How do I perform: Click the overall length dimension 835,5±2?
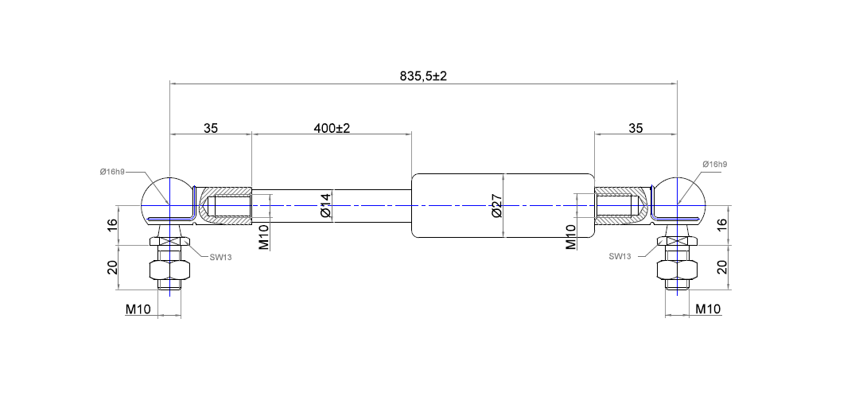pos(423,76)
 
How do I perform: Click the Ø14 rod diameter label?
pos(325,205)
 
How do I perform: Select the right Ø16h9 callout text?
pos(713,164)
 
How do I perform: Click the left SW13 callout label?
pos(220,257)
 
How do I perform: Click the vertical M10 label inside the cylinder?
pos(570,236)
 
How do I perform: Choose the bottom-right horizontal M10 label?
pos(708,309)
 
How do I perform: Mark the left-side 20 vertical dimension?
pos(112,266)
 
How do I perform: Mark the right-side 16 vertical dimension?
pos(722,225)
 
